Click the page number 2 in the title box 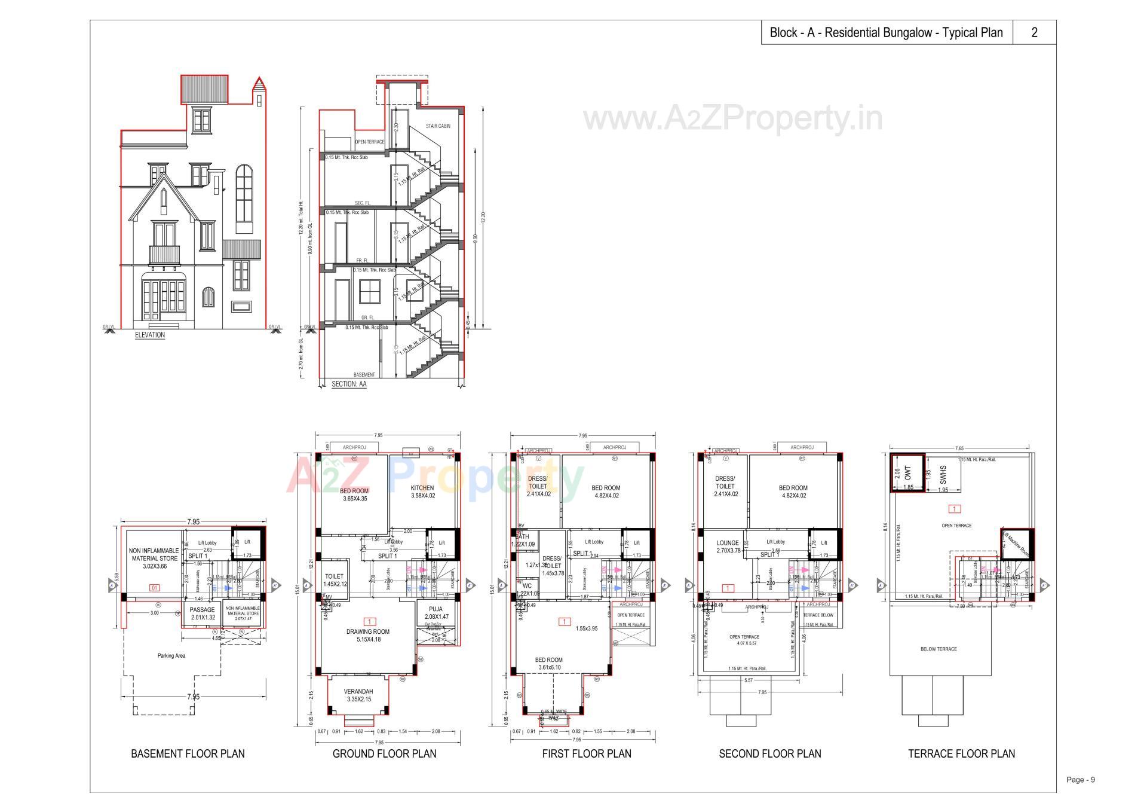1034,32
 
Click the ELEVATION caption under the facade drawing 150,335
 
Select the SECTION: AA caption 349,384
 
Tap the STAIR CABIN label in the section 438,126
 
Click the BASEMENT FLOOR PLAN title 188,753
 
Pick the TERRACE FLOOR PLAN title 961,753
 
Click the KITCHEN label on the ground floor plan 422,488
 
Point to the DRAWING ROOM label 368,631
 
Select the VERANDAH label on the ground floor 359,691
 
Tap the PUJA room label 436,609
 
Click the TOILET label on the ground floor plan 335,576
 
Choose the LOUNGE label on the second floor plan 728,543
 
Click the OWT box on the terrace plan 908,473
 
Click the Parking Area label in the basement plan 171,655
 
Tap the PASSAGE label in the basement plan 203,610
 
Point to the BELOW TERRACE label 939,649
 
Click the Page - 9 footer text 1081,780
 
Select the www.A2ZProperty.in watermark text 732,118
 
